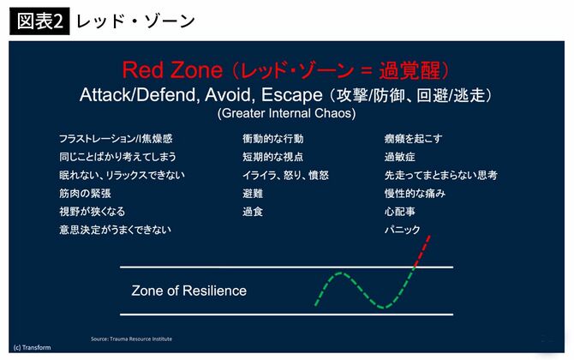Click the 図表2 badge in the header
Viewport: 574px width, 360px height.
click(x=39, y=21)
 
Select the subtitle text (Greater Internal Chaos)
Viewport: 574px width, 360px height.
click(x=286, y=112)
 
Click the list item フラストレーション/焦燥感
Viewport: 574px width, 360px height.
click(x=116, y=138)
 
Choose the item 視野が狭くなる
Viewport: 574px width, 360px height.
click(x=92, y=211)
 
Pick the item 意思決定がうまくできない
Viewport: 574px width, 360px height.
click(x=115, y=230)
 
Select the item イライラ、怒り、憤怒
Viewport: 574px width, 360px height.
click(x=285, y=175)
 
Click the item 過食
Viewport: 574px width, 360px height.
click(x=254, y=211)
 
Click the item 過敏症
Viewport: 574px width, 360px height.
click(x=400, y=157)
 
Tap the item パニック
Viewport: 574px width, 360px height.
click(x=403, y=230)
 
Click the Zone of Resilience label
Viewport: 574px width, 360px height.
click(x=188, y=291)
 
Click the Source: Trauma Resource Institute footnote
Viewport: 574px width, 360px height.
click(x=131, y=339)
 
